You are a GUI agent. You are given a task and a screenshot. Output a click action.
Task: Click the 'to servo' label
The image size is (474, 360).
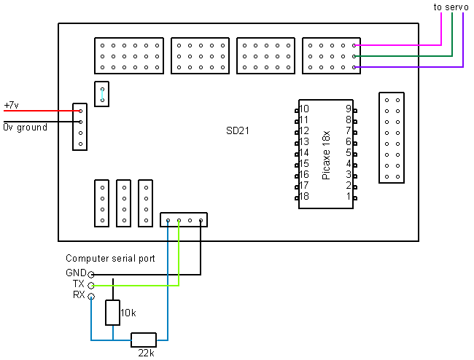tap(451, 7)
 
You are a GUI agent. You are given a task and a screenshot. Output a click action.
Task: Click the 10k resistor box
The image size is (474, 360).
tap(113, 312)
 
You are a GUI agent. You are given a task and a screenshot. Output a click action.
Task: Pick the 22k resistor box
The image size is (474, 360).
tap(144, 340)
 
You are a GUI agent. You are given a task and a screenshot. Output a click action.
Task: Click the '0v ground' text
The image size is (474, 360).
tap(25, 128)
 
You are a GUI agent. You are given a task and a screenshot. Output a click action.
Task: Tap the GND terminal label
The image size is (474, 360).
tap(76, 273)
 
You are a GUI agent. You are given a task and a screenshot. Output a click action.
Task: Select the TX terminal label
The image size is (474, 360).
tap(79, 284)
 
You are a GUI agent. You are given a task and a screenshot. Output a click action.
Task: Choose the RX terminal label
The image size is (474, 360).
tap(79, 295)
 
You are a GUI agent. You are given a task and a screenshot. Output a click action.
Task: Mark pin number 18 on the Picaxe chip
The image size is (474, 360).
tap(304, 197)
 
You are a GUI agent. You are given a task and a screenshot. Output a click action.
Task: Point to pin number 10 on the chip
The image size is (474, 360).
tap(304, 109)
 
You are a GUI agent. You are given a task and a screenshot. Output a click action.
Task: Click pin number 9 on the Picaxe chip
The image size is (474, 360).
tap(349, 109)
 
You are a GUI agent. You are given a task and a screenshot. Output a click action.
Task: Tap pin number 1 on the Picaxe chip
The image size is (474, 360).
tap(349, 197)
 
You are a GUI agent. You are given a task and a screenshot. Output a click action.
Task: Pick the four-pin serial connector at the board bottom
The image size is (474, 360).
tap(184, 219)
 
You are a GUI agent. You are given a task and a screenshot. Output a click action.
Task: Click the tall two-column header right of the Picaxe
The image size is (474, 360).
tap(391, 137)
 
